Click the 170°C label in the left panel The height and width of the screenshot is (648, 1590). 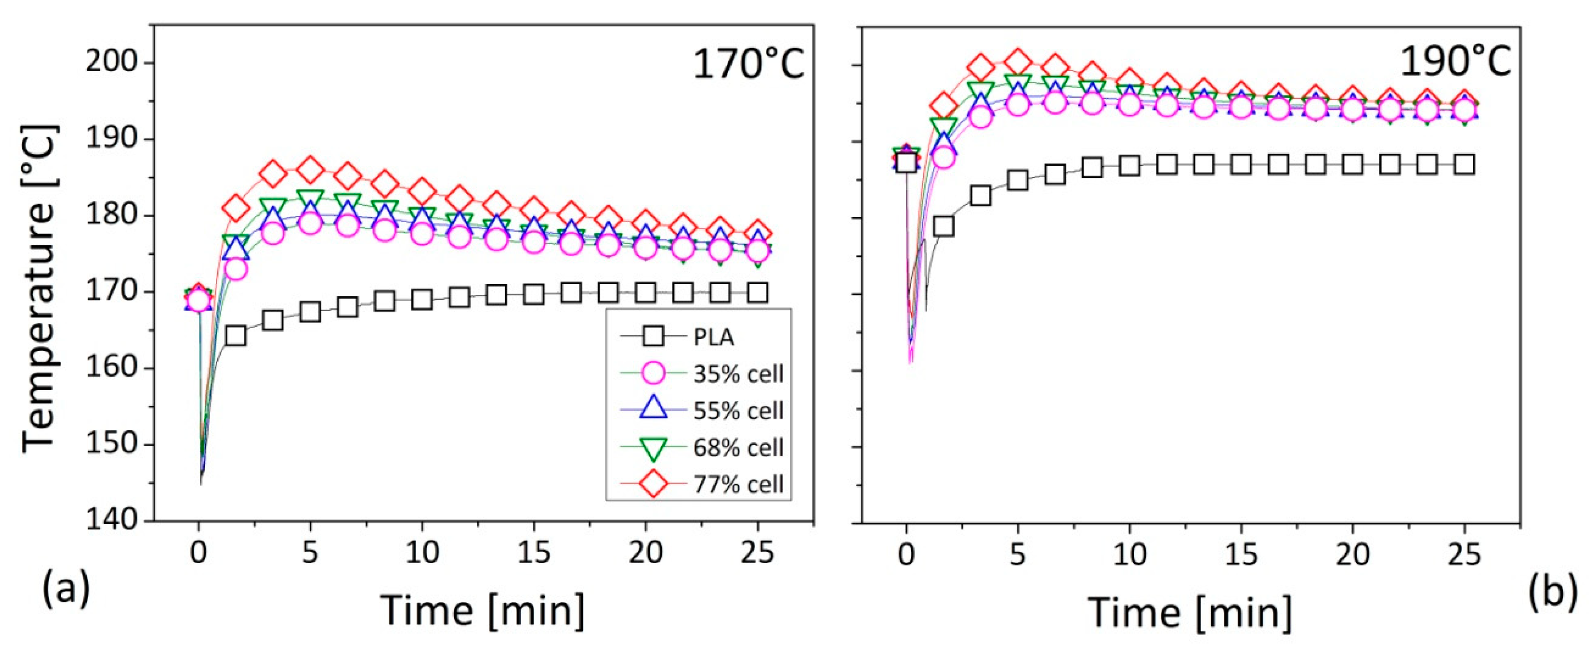[x=749, y=64]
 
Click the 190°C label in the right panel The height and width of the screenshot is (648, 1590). [x=1455, y=62]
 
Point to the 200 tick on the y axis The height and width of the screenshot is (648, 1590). [x=111, y=63]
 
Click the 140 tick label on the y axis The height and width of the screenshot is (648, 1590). [x=111, y=520]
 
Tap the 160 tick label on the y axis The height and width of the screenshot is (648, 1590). [x=111, y=368]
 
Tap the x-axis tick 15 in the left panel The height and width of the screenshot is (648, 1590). [x=533, y=553]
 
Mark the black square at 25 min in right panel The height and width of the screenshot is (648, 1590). [x=1464, y=165]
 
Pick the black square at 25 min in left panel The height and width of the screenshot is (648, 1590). [x=757, y=293]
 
